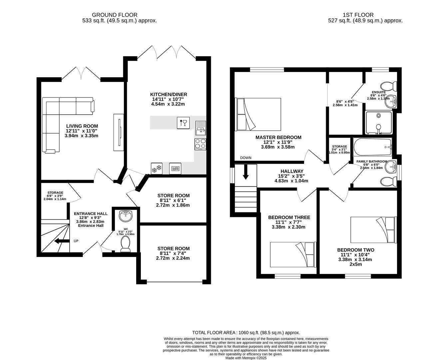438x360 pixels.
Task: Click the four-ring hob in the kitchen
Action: click(x=201, y=144)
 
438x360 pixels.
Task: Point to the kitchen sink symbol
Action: click(x=201, y=128)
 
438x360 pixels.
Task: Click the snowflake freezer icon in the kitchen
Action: click(x=157, y=169)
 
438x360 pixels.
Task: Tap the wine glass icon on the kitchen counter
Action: click(x=183, y=122)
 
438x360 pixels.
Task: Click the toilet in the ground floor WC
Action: click(x=126, y=244)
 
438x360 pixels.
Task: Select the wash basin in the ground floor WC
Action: click(x=126, y=215)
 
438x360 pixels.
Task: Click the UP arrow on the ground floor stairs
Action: click(x=60, y=241)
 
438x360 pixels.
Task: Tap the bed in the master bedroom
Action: click(x=258, y=114)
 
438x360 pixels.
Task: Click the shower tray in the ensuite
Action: click(x=378, y=122)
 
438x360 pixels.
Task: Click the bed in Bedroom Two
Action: click(x=373, y=230)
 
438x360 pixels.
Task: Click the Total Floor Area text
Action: click(x=246, y=332)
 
